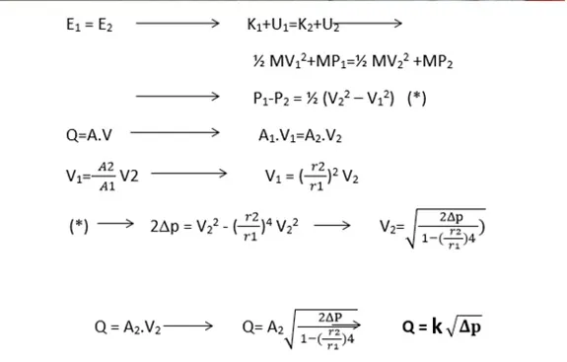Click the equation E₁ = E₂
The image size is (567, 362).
point(90,25)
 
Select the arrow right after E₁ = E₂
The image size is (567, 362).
point(177,24)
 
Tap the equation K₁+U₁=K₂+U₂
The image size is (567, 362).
point(293,25)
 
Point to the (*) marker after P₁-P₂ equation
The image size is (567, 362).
point(416,98)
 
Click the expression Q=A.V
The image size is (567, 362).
point(89,135)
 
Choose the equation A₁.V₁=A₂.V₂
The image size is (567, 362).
point(300,136)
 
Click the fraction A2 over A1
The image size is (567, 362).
point(106,177)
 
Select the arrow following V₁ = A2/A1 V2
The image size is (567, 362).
point(188,174)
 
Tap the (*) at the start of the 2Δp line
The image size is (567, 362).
point(79,227)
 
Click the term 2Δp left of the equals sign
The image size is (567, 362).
point(165,227)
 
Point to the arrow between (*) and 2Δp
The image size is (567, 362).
point(115,224)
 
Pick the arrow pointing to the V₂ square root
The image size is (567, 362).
point(332,226)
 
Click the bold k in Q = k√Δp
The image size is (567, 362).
point(437,326)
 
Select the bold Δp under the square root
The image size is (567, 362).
point(470,326)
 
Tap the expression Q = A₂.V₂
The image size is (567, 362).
point(127,326)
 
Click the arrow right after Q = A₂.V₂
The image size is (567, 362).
point(188,326)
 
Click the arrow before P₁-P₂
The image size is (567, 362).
point(177,97)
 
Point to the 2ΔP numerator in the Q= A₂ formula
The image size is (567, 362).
point(329,318)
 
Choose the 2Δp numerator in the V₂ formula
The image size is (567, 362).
point(452,217)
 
